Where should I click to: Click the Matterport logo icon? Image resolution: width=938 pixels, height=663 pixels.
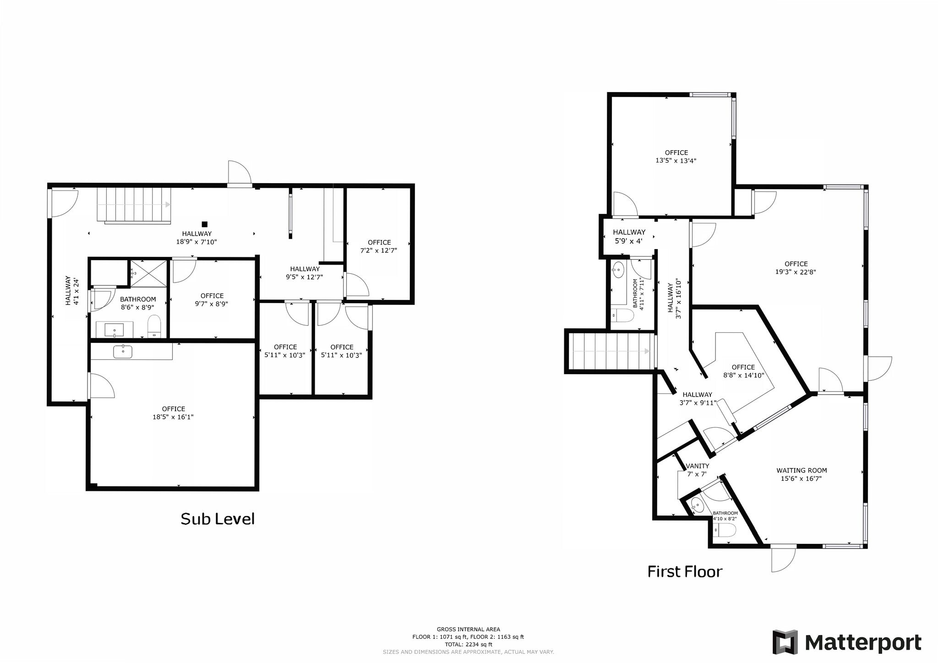click(785, 642)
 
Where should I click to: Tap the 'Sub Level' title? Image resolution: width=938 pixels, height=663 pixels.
click(218, 519)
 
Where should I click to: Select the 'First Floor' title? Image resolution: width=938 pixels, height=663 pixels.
click(685, 571)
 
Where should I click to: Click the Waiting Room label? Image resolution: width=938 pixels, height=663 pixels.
click(802, 470)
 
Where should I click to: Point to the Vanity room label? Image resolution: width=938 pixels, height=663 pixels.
click(697, 466)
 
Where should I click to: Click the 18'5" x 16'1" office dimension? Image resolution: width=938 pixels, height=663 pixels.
click(173, 417)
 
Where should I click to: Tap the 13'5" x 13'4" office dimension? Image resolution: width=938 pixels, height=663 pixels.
click(676, 161)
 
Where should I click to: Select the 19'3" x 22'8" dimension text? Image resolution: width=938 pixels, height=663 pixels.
click(796, 272)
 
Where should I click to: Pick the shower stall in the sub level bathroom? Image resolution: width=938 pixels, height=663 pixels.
click(149, 273)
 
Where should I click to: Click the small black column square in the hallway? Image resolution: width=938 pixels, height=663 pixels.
click(205, 224)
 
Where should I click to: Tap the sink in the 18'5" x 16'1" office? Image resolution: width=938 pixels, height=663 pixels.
click(123, 352)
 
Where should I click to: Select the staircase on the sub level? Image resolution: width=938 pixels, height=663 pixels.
click(133, 205)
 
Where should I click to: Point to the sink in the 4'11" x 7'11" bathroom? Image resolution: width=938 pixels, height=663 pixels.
click(618, 270)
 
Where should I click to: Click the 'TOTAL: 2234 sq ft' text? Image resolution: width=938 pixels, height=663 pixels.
click(468, 644)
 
